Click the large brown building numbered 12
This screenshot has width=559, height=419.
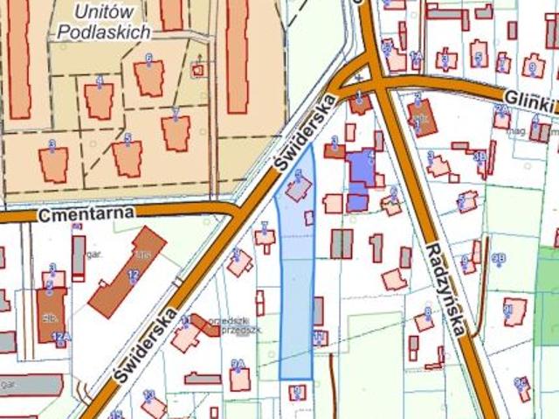pyautogui.click(x=127, y=272)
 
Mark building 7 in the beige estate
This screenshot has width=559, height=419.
pyautogui.click(x=176, y=132)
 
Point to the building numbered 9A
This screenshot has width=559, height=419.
pyautogui.click(x=239, y=377)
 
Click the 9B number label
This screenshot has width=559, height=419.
pyautogui.click(x=499, y=259)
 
